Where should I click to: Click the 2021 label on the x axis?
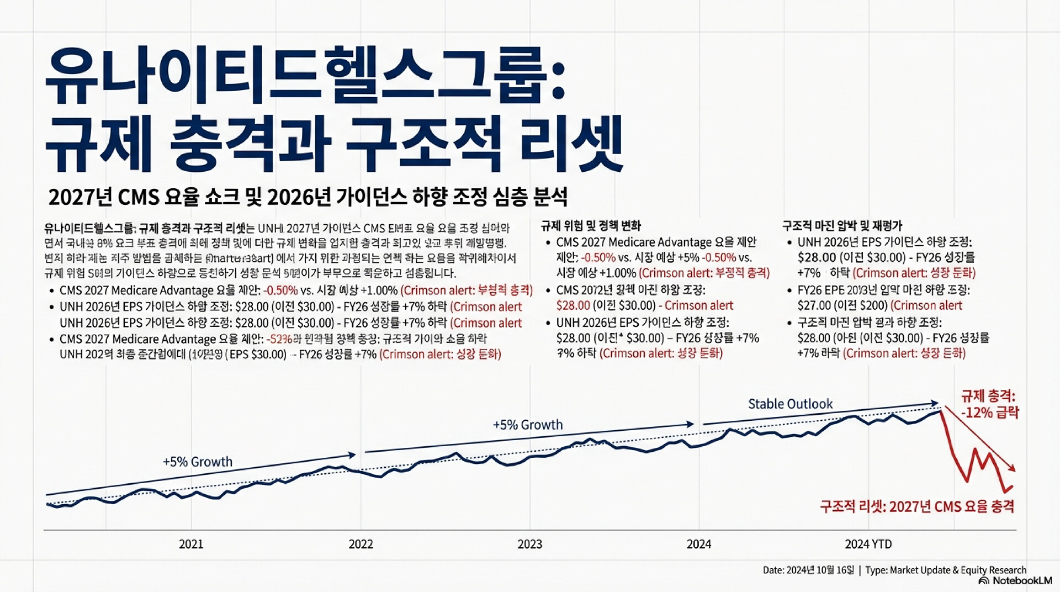coord(191,544)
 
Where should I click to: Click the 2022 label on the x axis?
coord(361,544)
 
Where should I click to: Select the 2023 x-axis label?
coord(529,544)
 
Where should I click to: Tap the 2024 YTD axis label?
coord(868,544)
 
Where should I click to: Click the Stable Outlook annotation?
coord(790,404)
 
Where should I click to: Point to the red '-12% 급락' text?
coord(990,413)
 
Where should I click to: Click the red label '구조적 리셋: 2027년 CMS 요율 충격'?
coord(917,506)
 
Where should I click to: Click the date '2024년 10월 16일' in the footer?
coord(819,570)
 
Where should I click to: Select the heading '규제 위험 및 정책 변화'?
coord(591,225)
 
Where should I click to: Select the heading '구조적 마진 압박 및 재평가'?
coord(842,225)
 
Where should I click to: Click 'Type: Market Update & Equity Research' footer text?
coord(946,570)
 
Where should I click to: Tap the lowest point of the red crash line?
coord(1005,491)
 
